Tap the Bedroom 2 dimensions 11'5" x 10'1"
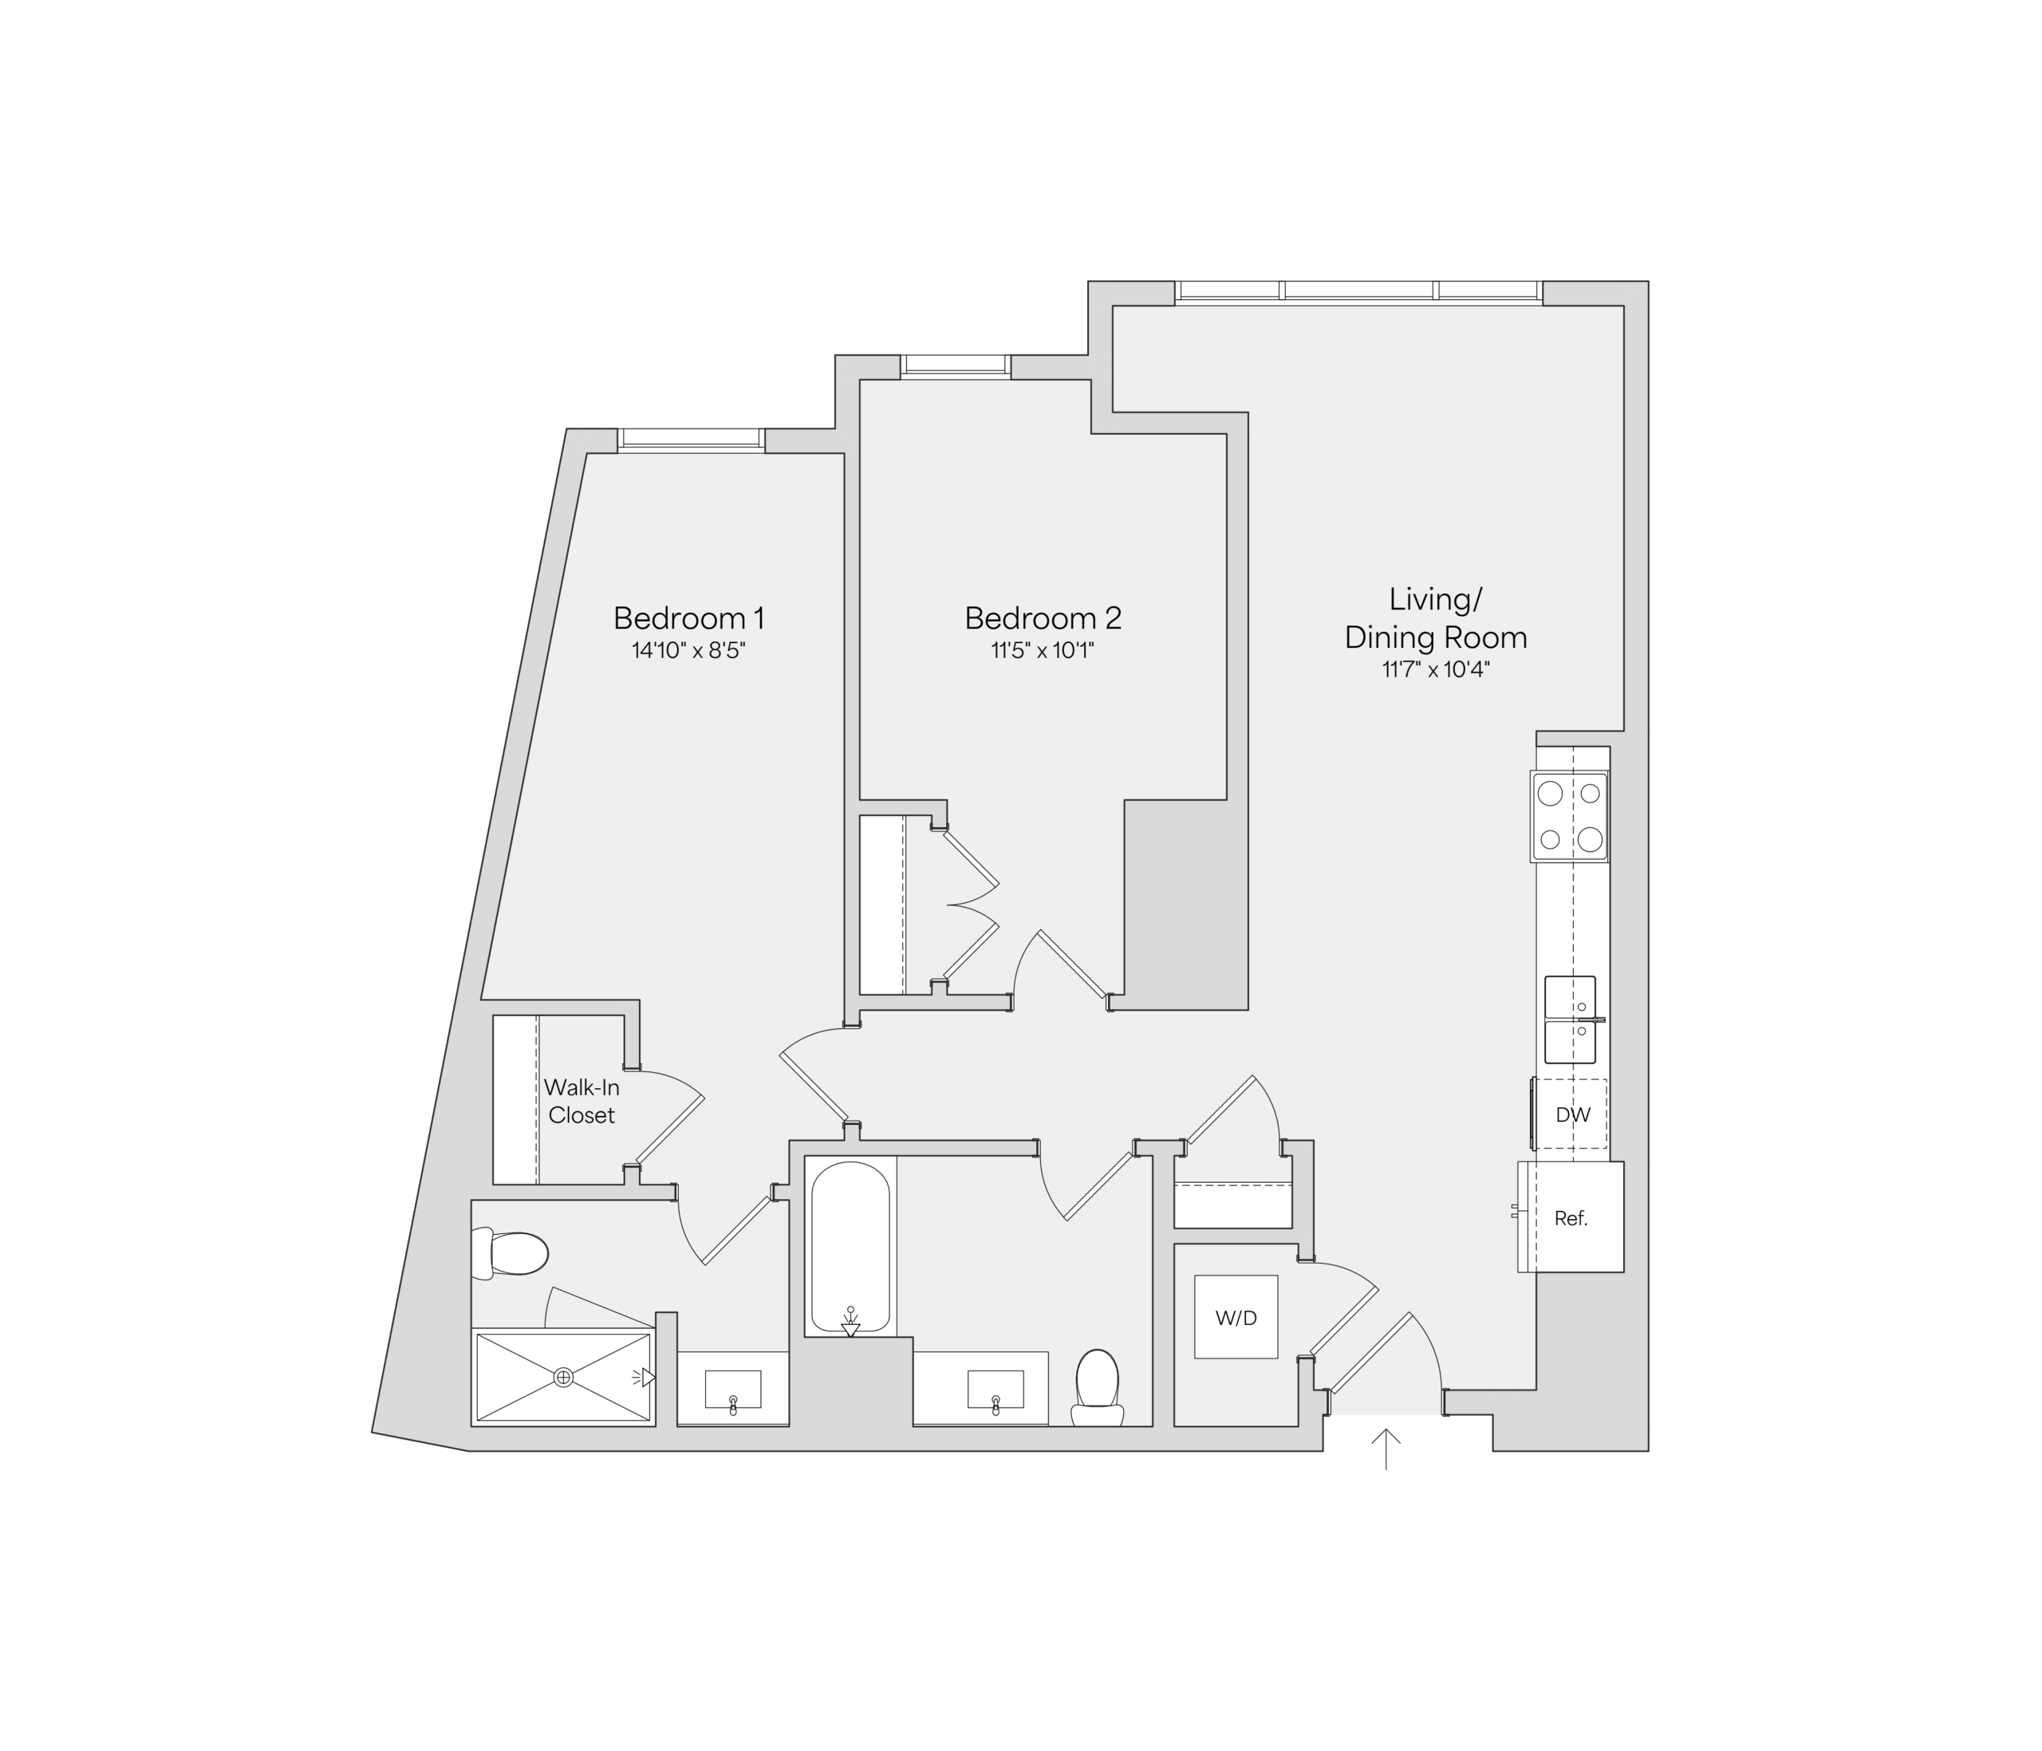[1043, 650]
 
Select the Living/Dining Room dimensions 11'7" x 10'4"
[1436, 670]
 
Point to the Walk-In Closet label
[581, 1101]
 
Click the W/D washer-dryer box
[1236, 1317]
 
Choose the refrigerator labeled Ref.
[1570, 1217]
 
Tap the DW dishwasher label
[1573, 1114]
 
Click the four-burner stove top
[1569, 817]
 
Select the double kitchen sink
[1570, 1019]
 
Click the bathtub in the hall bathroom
[850, 1248]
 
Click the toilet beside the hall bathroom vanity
[1097, 1387]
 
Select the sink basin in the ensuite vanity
[732, 1390]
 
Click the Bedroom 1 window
[691, 440]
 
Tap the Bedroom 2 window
[956, 367]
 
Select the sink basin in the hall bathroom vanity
[995, 1390]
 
